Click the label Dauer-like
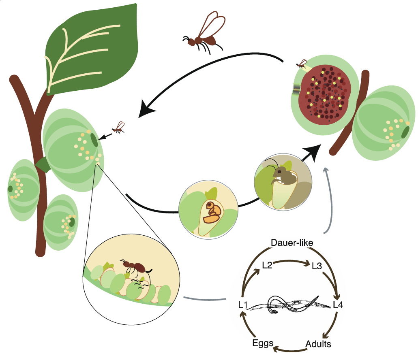point(292,242)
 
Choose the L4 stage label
point(338,304)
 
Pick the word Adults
point(318,344)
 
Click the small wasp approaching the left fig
point(118,128)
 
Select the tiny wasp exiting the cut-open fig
point(301,64)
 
